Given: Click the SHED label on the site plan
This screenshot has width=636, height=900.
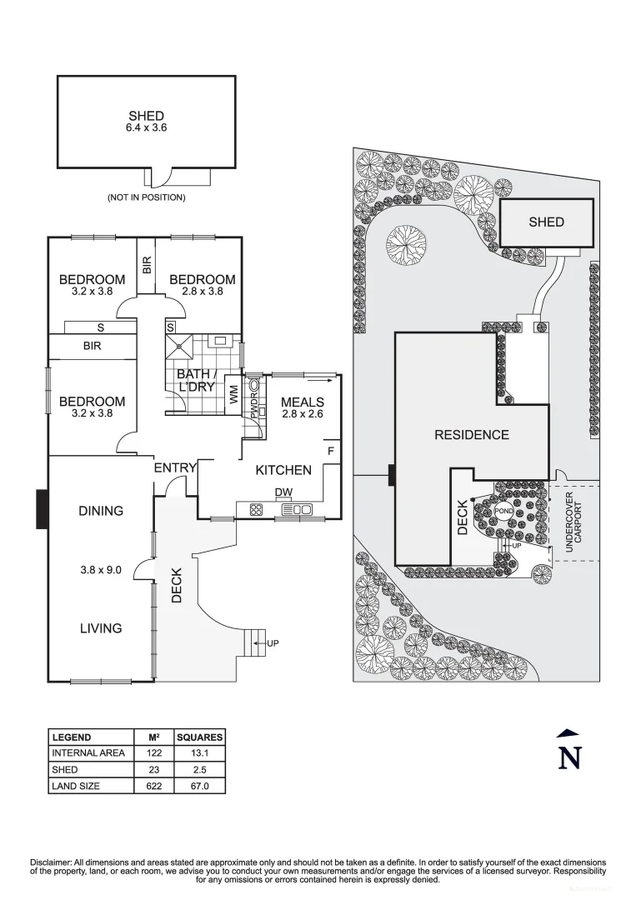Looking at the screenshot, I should (x=546, y=222).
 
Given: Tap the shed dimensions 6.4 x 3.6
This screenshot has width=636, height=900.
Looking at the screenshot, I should (x=146, y=128).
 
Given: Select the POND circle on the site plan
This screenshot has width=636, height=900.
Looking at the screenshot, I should (x=503, y=510).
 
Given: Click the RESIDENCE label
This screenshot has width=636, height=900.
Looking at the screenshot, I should (x=471, y=434).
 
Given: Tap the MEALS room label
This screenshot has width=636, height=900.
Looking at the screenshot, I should (x=302, y=402).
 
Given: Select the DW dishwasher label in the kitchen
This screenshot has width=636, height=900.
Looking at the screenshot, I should (x=283, y=492).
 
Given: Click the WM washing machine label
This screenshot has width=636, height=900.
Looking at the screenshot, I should (x=233, y=397).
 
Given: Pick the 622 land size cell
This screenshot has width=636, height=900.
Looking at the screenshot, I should (x=154, y=785).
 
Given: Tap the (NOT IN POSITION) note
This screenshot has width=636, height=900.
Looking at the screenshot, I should (x=146, y=197).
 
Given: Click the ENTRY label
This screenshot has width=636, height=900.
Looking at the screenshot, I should (x=174, y=468).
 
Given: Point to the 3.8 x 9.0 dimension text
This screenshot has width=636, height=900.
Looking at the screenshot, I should (x=100, y=570).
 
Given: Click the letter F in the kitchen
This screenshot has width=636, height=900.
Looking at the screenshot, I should (x=331, y=452).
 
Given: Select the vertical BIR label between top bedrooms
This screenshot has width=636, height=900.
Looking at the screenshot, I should (x=147, y=265).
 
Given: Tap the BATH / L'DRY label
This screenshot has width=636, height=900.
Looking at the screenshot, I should (x=196, y=381).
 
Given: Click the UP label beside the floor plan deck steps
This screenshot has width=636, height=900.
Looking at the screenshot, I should (x=273, y=643).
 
